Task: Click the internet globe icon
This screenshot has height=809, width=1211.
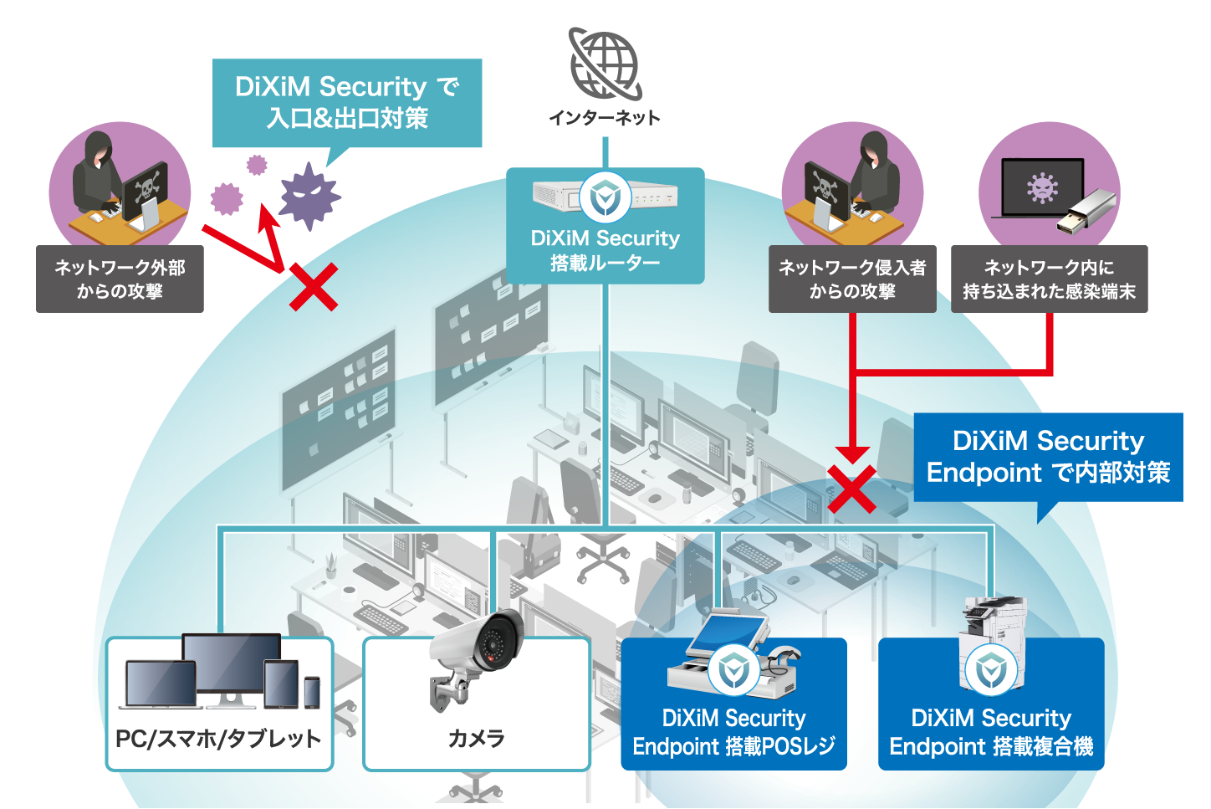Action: pos(605,64)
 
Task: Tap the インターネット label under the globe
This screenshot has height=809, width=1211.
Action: pos(605,118)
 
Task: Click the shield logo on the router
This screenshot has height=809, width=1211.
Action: pos(605,197)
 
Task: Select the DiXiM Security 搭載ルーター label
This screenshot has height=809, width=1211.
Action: pos(605,250)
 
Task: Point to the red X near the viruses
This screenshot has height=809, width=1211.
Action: pos(314,287)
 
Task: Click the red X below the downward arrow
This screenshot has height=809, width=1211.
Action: pos(851,489)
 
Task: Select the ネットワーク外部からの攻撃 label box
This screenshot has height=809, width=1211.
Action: pos(120,279)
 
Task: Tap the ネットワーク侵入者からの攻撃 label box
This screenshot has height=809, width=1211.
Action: pos(852,279)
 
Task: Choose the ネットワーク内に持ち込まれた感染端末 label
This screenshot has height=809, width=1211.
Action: pos(1049,279)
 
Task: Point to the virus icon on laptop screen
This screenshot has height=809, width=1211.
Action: pos(1042,187)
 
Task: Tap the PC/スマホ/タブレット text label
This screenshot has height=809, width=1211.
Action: pos(218,739)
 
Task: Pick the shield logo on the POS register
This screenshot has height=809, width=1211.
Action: pos(733,670)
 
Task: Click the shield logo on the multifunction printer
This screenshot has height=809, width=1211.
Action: pos(991,670)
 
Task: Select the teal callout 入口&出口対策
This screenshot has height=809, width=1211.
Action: pos(347,102)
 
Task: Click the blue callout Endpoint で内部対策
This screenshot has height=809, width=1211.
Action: pos(1048,457)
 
